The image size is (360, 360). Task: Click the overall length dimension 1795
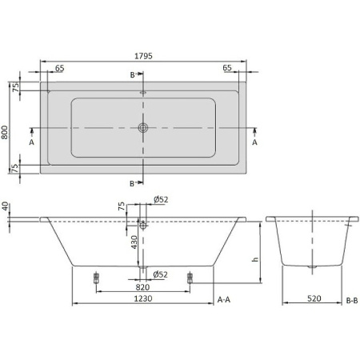[144, 56]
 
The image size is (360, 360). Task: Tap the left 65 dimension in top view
[59, 69]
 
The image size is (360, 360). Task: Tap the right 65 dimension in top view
[228, 69]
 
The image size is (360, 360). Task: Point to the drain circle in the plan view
[143, 128]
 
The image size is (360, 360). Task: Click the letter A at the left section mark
[31, 143]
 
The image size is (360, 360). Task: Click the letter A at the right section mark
[254, 143]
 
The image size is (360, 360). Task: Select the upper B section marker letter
[133, 74]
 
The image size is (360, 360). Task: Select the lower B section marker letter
[133, 183]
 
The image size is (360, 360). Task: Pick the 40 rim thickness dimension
[6, 206]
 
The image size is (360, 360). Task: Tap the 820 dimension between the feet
[142, 287]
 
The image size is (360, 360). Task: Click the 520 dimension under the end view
[314, 298]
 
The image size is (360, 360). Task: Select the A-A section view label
[225, 298]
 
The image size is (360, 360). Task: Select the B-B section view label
[352, 298]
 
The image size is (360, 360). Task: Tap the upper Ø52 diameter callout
[161, 199]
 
